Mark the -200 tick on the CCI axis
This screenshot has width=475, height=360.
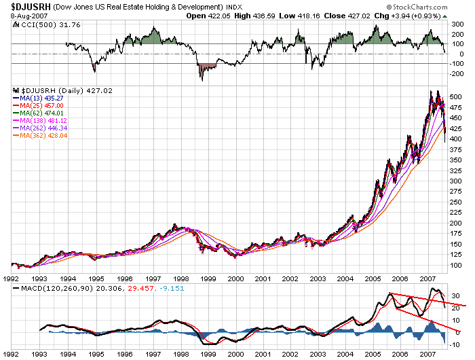(x=455, y=73)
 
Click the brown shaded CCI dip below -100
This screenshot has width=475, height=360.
(x=205, y=68)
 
